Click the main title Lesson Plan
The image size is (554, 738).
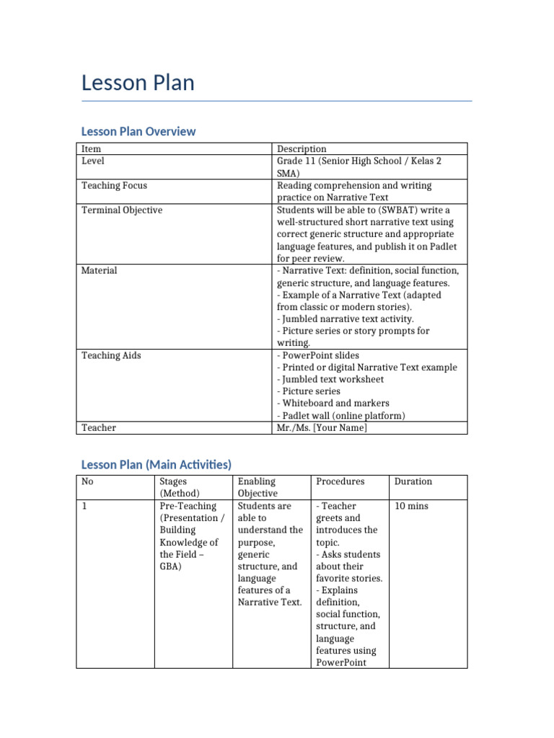point(138,83)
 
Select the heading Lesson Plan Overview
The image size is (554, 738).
point(138,131)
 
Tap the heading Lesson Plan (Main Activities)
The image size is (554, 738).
point(156,464)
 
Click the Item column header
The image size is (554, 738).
point(91,148)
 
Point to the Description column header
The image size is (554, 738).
point(302,148)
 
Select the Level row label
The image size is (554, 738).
point(93,161)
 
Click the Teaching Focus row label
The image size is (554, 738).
point(114,185)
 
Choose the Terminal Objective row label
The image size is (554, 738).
point(121,210)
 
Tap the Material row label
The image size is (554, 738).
point(99,270)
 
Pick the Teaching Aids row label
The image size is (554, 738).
point(111,355)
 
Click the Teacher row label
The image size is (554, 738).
point(99,427)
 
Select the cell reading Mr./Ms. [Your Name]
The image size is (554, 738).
point(322,427)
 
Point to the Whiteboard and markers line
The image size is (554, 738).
point(333,404)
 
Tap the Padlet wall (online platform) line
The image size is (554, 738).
point(340,416)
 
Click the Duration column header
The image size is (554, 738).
point(413,481)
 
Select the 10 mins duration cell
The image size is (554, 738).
point(411,506)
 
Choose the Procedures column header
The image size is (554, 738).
point(340,481)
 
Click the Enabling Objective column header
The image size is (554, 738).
point(257,487)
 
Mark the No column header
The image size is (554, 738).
point(87,481)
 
